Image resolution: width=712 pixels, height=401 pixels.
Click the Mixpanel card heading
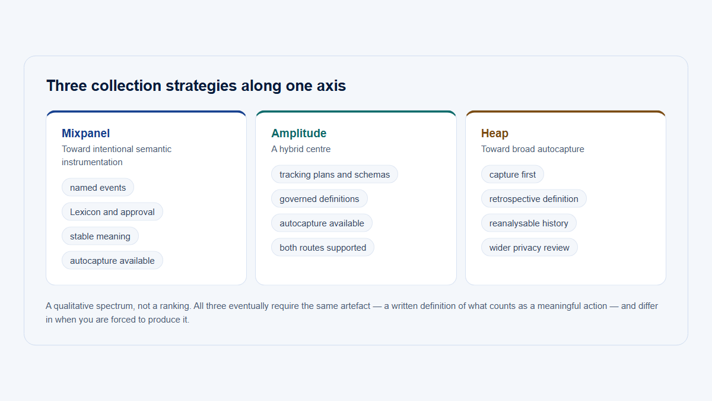[86, 133]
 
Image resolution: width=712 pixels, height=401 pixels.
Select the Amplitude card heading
[299, 133]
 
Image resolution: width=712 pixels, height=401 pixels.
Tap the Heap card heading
[495, 133]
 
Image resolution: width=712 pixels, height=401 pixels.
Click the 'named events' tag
[98, 188]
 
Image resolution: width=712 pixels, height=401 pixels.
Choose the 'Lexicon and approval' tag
[112, 212]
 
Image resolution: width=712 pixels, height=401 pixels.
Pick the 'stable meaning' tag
[100, 236]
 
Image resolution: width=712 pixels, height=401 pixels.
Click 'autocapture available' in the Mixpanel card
[112, 261]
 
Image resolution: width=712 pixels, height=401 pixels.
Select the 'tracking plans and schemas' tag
[335, 175]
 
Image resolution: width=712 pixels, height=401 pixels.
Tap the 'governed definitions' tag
[319, 199]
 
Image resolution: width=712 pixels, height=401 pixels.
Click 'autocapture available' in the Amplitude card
[322, 223]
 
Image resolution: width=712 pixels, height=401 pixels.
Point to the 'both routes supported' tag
[323, 248]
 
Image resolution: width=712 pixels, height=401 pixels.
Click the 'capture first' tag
[513, 175]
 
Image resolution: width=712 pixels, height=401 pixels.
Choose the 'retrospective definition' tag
[533, 199]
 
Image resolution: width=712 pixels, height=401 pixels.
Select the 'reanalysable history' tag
[529, 223]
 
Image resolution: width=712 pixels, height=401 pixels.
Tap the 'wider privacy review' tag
[529, 248]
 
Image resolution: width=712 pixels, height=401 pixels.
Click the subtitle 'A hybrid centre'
[301, 149]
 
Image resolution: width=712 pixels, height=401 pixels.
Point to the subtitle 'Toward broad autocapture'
[532, 149]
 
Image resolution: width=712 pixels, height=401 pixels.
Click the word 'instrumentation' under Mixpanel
[92, 162]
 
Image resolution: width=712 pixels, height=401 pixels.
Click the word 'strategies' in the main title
[201, 86]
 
